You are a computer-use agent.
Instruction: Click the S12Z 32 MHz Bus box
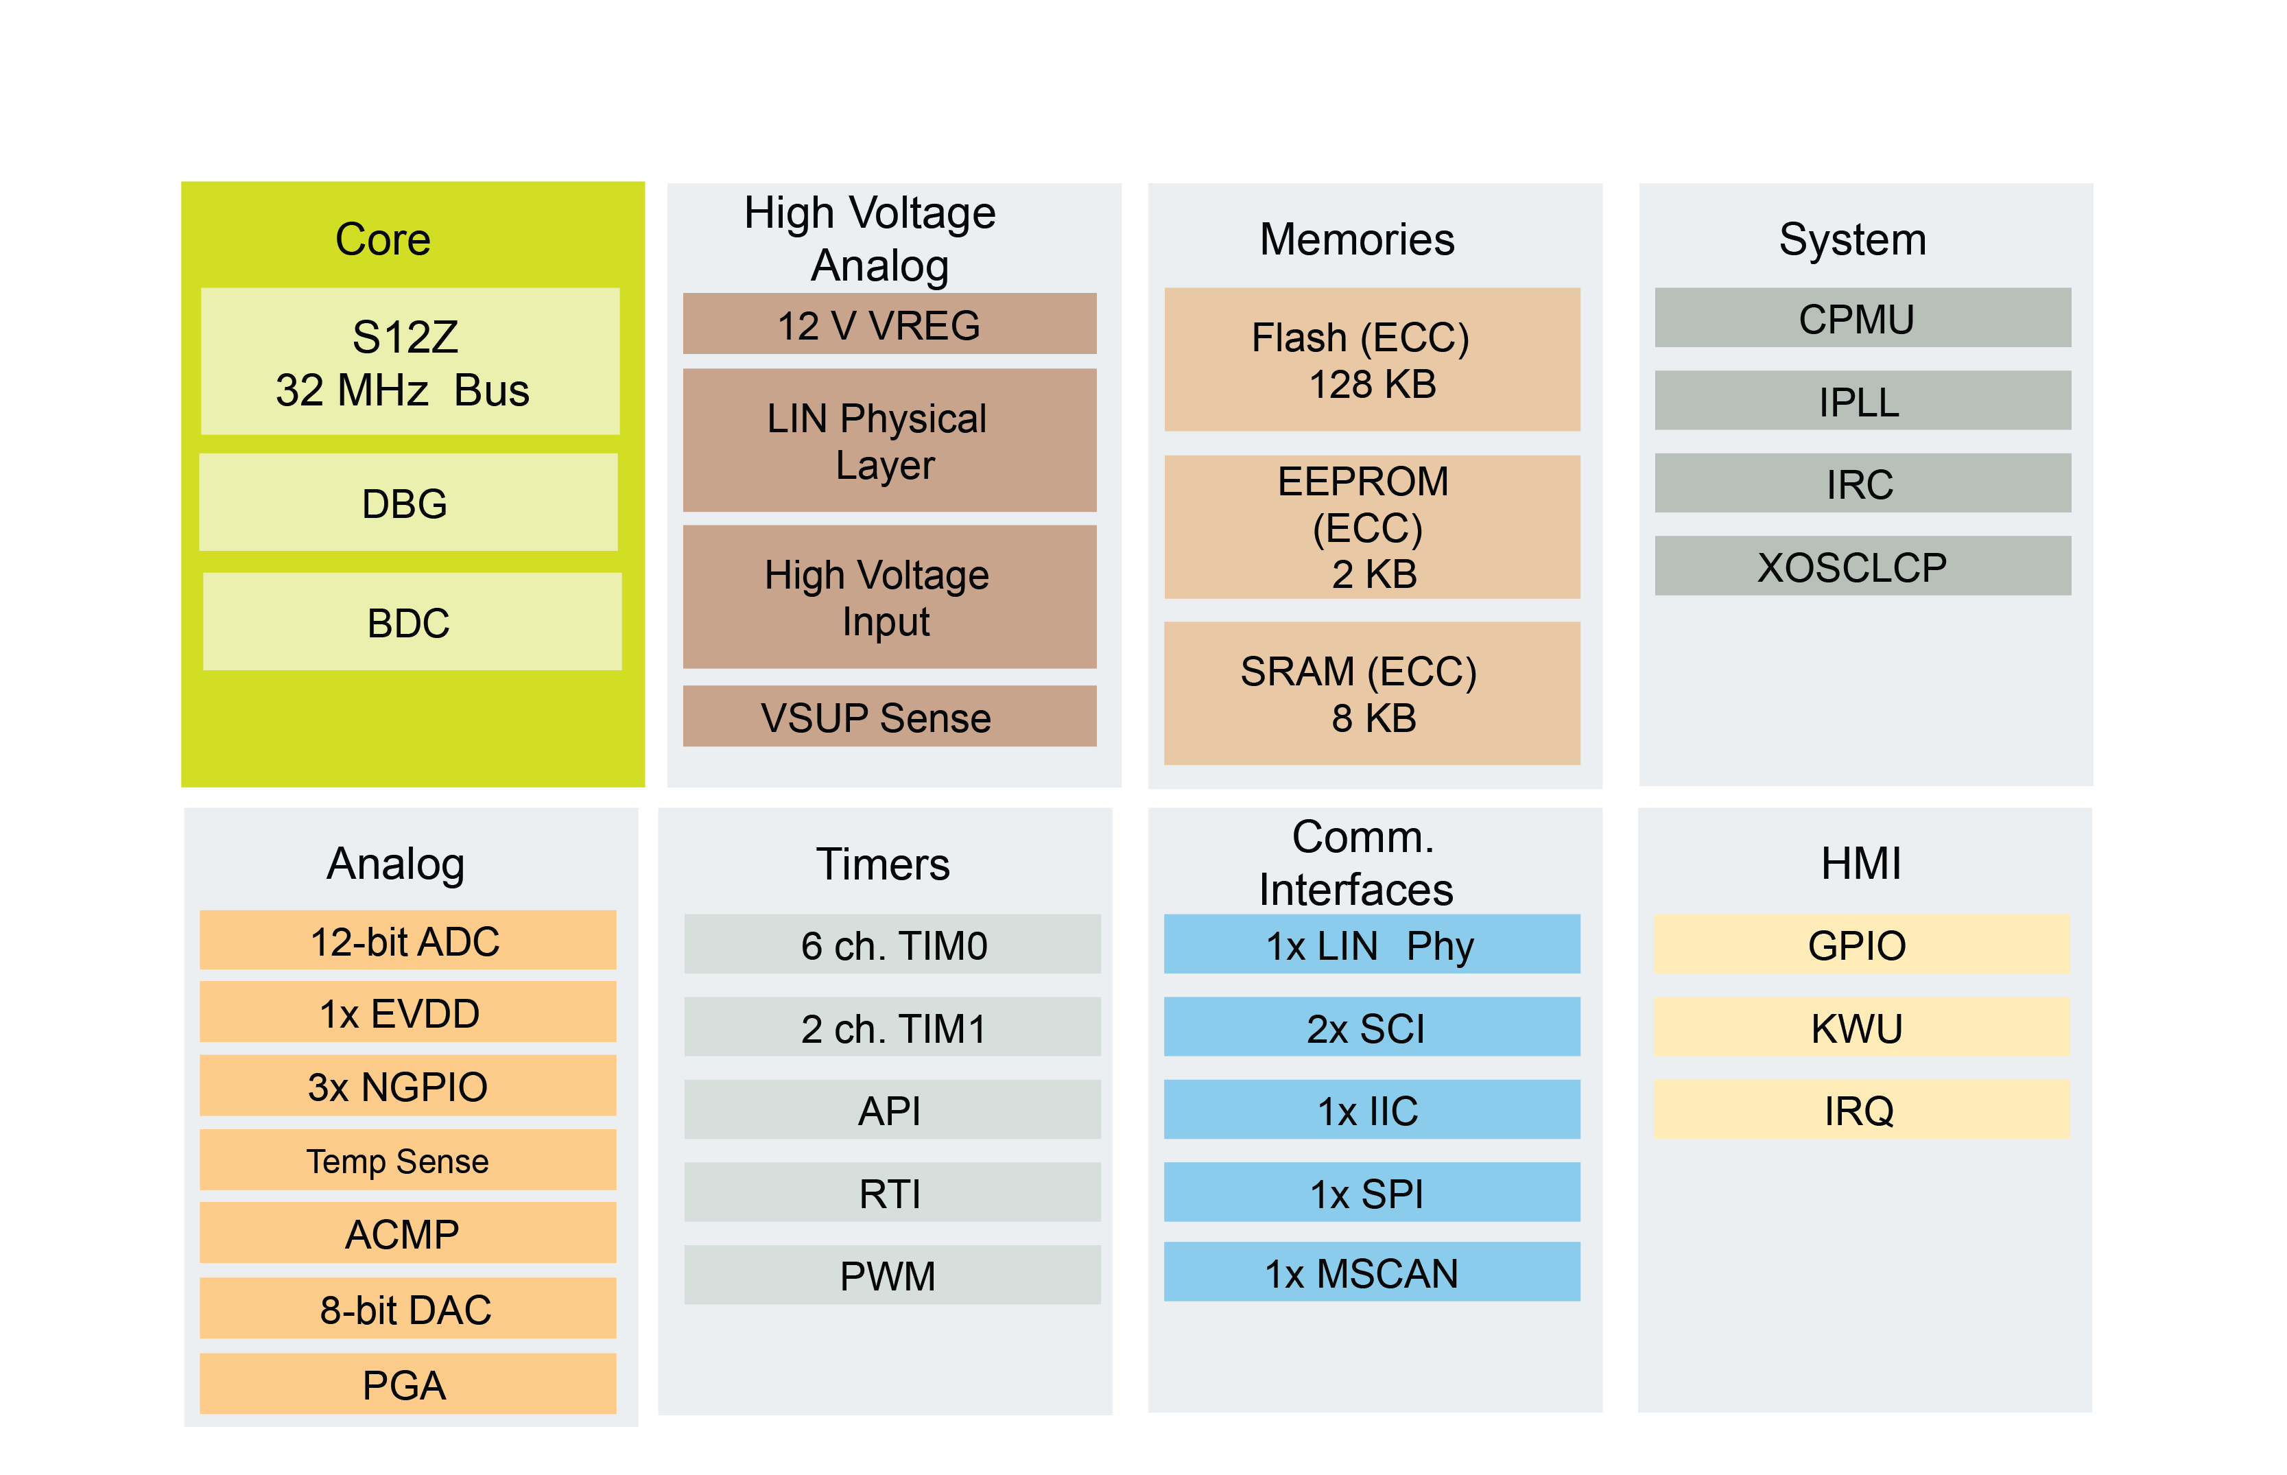click(x=410, y=362)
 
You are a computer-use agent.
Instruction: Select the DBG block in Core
click(x=408, y=503)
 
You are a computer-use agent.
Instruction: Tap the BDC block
click(x=412, y=622)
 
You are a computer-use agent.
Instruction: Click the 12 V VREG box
click(x=889, y=324)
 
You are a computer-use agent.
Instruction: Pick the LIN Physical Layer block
click(x=889, y=440)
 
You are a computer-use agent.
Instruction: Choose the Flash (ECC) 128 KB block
click(x=1371, y=360)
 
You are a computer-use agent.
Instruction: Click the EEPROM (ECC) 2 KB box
click(x=1371, y=528)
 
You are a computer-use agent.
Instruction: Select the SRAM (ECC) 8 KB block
click(x=1371, y=694)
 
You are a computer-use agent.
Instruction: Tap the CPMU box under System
click(x=1862, y=318)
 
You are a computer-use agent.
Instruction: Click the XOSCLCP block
click(x=1862, y=566)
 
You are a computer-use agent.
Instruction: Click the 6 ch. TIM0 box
click(x=892, y=945)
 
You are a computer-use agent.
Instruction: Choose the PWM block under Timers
click(x=892, y=1275)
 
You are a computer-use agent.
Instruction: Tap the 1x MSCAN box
click(x=1371, y=1272)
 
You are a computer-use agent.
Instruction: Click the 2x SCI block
click(x=1371, y=1027)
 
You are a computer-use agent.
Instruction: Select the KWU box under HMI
click(x=1861, y=1027)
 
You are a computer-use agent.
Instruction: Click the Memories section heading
click(x=1356, y=239)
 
